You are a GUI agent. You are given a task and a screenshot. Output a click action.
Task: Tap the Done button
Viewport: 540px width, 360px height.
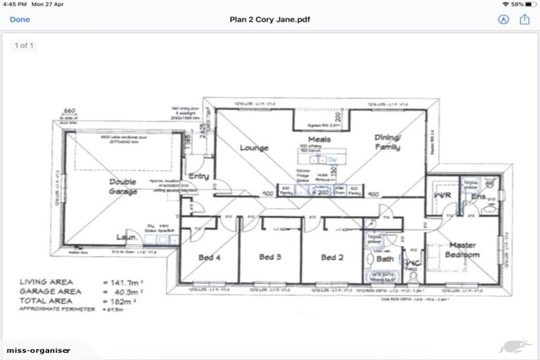pyautogui.click(x=20, y=20)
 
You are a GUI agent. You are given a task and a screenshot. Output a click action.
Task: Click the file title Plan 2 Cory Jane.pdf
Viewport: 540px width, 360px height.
pyautogui.click(x=270, y=20)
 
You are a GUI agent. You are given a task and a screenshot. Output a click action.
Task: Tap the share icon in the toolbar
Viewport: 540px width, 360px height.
pyautogui.click(x=524, y=20)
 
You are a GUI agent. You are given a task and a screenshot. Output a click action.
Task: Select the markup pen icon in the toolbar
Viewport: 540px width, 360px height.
pyautogui.click(x=503, y=20)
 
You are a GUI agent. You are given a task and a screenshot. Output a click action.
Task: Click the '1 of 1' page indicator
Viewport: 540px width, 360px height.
pyautogui.click(x=25, y=46)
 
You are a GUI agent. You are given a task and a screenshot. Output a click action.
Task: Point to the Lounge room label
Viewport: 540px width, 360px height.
pyautogui.click(x=254, y=148)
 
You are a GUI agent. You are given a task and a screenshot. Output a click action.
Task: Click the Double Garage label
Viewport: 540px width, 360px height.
pyautogui.click(x=122, y=187)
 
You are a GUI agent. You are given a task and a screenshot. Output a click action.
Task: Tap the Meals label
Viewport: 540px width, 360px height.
pyautogui.click(x=319, y=139)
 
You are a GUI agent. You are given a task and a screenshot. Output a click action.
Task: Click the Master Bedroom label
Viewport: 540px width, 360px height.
pyautogui.click(x=463, y=250)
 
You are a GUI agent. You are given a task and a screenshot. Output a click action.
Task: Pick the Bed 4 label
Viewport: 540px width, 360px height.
pyautogui.click(x=210, y=257)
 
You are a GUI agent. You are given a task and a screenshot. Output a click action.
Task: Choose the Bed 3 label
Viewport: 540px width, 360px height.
pyautogui.click(x=270, y=257)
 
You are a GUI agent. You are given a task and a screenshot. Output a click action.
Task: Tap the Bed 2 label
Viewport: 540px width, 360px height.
pyautogui.click(x=332, y=257)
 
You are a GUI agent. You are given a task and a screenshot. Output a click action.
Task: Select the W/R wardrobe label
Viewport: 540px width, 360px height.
pyautogui.click(x=442, y=195)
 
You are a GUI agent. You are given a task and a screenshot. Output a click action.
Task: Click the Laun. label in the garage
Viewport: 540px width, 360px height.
pyautogui.click(x=127, y=238)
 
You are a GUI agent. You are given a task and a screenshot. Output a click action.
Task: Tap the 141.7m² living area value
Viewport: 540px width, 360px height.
pyautogui.click(x=121, y=282)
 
